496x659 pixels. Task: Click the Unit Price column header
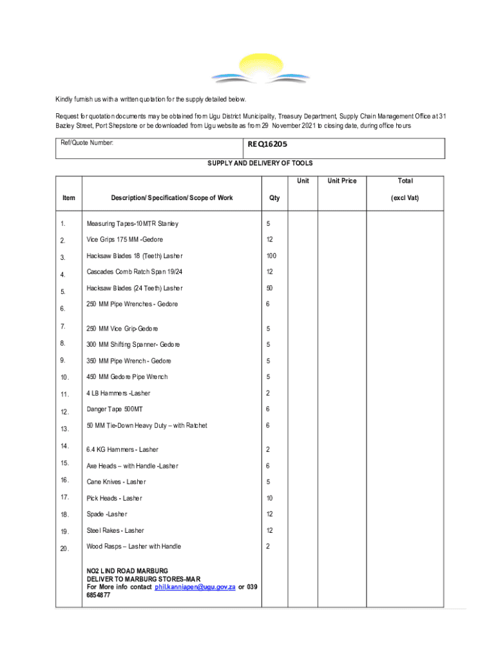click(x=341, y=181)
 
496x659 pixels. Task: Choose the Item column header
click(x=68, y=198)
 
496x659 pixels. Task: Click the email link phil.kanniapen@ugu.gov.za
click(x=194, y=588)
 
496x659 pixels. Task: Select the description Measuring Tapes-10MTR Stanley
click(x=133, y=224)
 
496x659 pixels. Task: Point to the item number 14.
click(x=64, y=445)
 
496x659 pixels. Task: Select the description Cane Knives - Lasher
click(x=117, y=482)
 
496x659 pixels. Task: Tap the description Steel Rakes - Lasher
click(x=116, y=531)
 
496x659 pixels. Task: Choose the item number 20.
click(x=64, y=548)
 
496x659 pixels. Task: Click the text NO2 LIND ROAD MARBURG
click(x=128, y=571)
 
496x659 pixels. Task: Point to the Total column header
click(x=405, y=181)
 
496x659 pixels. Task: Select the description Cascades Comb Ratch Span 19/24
click(x=130, y=271)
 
